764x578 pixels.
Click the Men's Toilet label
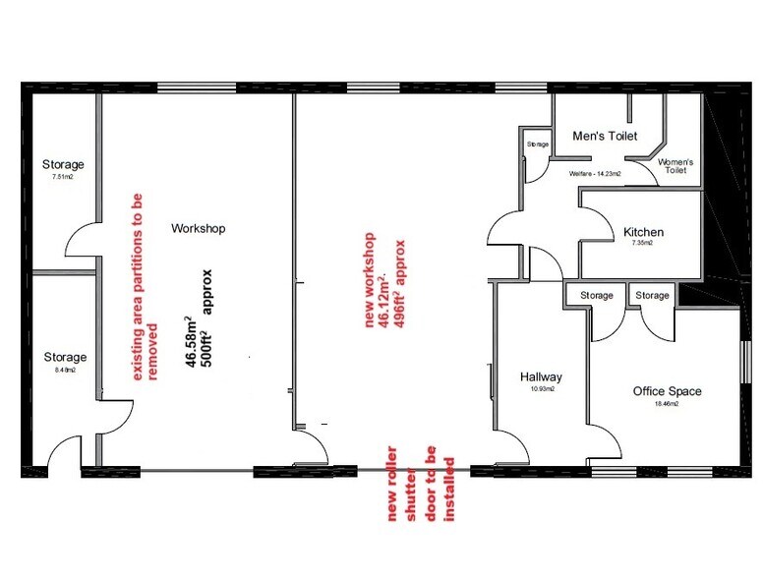pos(605,136)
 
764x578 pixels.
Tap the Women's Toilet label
pos(676,165)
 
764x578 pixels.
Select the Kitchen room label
pos(643,232)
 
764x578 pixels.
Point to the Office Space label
pos(667,390)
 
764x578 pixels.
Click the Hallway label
pos(540,376)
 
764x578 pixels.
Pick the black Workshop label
pos(199,228)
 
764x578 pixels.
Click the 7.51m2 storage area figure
pos(63,178)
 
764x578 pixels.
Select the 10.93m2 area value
pos(540,390)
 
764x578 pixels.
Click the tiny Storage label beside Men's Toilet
pos(537,144)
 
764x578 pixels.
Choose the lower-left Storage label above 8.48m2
pos(63,357)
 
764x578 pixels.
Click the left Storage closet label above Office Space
pos(596,295)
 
